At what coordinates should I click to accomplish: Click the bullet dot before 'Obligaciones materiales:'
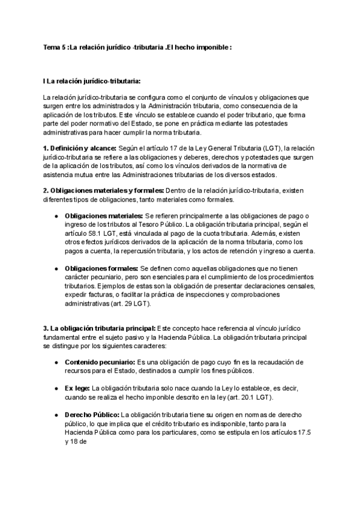[56, 215]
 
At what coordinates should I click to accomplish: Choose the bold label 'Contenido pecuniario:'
[100, 363]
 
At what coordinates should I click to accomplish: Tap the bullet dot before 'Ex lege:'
[56, 388]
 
